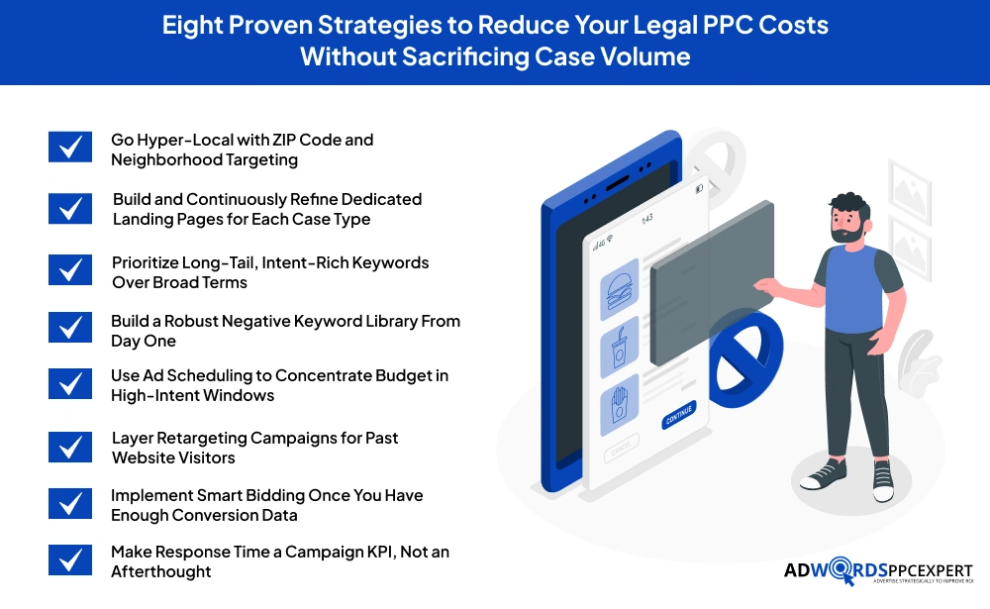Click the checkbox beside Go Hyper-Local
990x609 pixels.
pyautogui.click(x=70, y=149)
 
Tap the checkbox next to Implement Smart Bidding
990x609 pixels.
pyautogui.click(x=70, y=504)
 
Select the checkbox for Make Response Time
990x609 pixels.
pyautogui.click(x=70, y=560)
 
